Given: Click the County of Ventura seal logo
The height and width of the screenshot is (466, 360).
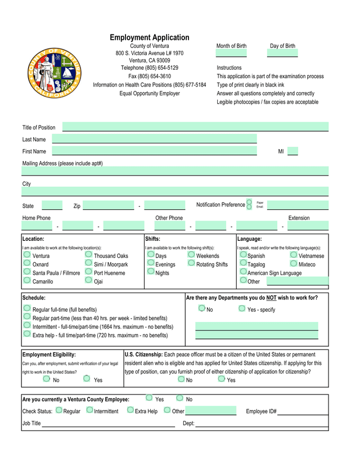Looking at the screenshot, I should pos(55,73).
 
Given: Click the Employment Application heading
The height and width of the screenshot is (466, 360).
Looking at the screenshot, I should pos(149,38).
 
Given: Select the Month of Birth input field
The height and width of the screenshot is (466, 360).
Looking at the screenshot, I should pos(231,53).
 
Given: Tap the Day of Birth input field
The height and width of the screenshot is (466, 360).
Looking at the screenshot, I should pos(282,53).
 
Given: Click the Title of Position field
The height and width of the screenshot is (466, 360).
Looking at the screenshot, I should pos(195,127).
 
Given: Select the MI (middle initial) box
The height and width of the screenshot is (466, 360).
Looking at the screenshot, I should pos(292,151).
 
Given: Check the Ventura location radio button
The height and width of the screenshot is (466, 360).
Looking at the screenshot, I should pos(27,255).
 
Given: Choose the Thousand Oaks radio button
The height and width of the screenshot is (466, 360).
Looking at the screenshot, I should pos(89,255).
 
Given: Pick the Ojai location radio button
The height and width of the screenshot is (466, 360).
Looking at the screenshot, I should pos(89,280).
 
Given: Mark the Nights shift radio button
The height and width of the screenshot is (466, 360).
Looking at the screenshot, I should pos(150,272).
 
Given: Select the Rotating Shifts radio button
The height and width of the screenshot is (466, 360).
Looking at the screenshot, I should pos(191,263).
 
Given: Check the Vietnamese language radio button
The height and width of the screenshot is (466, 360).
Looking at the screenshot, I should pos(294,255).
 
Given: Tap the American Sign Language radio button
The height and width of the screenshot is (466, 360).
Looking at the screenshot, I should pos(243,272).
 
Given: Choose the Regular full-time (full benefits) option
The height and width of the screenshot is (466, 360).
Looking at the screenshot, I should pos(27,308).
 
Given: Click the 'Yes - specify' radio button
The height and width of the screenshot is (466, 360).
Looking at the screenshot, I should pos(242,308).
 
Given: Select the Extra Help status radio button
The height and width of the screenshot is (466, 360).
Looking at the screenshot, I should pos(130,410).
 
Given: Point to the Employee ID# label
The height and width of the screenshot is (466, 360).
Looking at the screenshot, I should pos(261,411).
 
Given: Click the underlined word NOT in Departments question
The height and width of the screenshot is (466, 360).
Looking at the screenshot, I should pos(271,298).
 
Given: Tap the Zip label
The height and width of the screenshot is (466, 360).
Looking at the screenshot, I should pos(77,206).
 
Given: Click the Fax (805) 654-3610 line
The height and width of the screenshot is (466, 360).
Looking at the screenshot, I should pos(150,76).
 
